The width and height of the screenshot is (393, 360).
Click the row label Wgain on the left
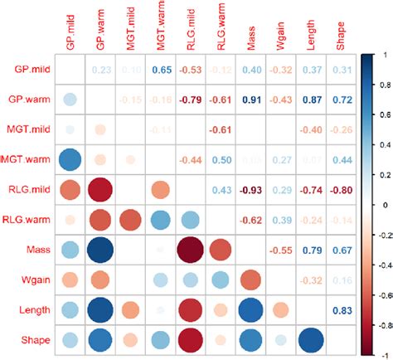pyautogui.click(x=33, y=280)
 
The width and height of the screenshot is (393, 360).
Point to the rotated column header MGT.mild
pyautogui.click(x=133, y=29)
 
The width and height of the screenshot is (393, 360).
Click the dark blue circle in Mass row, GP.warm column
pyautogui.click(x=103, y=250)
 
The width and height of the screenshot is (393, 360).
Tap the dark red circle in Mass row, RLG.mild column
pyautogui.click(x=192, y=250)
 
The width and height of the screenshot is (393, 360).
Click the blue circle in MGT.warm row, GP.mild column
pyautogui.click(x=73, y=160)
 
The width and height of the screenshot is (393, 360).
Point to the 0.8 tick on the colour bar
pyautogui.click(x=381, y=85)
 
